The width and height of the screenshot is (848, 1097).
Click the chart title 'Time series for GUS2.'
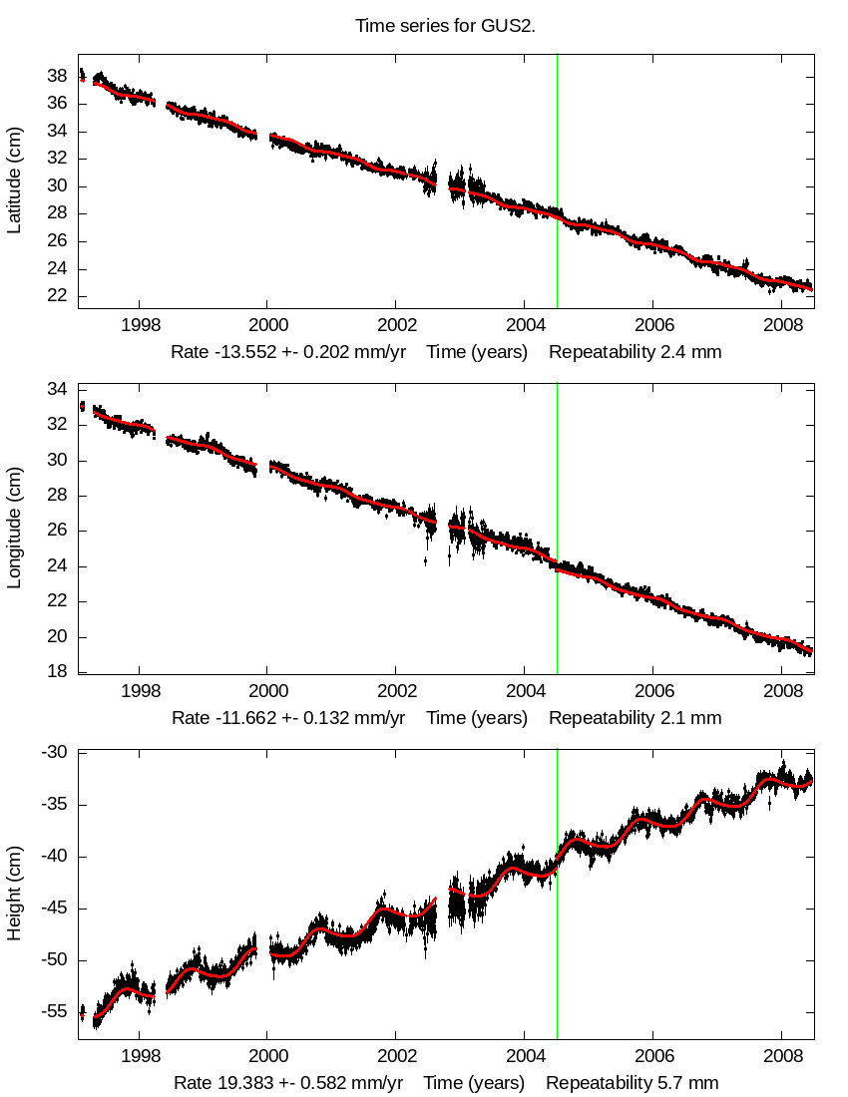point(445,25)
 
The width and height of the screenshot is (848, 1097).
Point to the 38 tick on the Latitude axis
point(58,76)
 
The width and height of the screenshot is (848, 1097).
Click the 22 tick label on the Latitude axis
point(58,296)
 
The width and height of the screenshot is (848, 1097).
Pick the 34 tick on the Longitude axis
point(58,389)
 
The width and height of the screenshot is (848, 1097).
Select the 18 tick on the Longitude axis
point(58,672)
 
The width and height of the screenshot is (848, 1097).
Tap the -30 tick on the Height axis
point(54,753)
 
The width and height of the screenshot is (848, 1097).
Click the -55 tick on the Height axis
point(54,1012)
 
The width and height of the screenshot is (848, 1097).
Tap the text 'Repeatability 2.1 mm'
point(635,718)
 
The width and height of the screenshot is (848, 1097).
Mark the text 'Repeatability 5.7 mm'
point(632,1083)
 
